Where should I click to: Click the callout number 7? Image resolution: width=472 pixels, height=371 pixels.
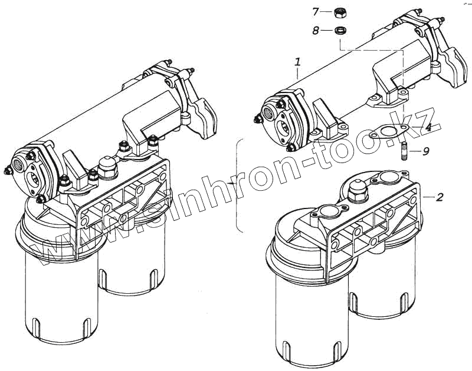(x=315, y=11)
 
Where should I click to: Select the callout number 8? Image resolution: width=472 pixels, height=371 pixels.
(x=315, y=31)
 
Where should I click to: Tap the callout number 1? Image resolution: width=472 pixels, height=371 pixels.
(x=298, y=62)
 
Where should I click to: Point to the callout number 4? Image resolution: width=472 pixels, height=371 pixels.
(x=428, y=127)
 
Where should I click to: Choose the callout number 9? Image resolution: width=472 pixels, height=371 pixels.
(x=425, y=151)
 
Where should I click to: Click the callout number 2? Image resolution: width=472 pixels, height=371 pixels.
(x=439, y=197)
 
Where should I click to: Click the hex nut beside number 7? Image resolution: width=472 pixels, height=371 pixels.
(x=340, y=11)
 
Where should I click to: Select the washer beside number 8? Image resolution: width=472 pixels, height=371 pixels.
(x=340, y=30)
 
